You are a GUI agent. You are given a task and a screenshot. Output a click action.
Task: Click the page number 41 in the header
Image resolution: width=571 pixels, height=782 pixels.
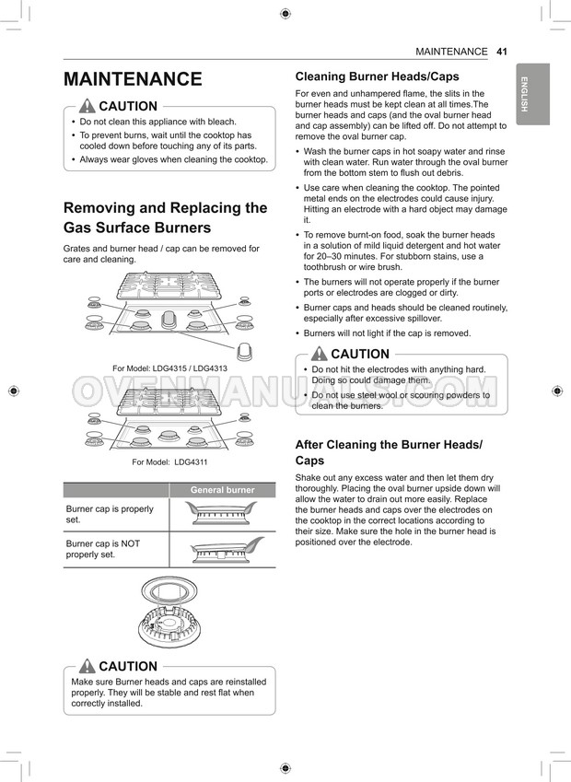coord(501,52)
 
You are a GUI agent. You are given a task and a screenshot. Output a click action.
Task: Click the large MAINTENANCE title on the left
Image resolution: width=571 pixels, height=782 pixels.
coord(133,79)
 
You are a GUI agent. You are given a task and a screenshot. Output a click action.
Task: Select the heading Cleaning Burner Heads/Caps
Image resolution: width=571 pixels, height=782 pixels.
coord(377,76)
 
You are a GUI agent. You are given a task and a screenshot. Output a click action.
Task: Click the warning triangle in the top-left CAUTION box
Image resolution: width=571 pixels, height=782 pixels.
coord(87,106)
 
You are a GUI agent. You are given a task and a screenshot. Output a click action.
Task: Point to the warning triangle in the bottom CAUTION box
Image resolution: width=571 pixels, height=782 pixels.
coord(87,666)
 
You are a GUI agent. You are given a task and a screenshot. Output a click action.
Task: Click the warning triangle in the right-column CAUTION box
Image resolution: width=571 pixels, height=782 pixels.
coord(320,354)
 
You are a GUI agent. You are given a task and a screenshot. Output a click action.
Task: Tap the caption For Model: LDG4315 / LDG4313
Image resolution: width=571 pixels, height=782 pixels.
coord(169,368)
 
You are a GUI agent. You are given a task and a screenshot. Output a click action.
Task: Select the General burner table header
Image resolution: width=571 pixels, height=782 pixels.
coord(222,490)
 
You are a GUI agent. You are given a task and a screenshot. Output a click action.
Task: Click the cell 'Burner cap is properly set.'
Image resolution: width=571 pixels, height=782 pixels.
coord(111,514)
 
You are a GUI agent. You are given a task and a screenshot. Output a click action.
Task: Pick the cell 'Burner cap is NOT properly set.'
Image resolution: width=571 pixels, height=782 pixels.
coord(103,549)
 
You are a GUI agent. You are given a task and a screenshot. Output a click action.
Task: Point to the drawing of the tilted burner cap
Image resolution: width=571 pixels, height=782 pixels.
coord(227,550)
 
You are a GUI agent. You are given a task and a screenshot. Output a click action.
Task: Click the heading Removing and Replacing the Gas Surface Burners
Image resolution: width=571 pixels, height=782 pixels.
coord(165,217)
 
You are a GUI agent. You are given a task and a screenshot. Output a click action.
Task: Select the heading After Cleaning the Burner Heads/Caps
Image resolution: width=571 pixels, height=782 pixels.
coord(389,452)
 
